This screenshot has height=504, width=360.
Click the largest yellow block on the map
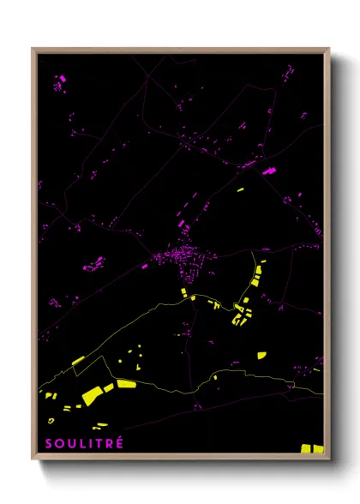(x=93, y=394)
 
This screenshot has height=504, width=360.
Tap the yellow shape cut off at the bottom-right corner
(x=311, y=448)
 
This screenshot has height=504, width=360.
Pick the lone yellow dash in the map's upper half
(x=240, y=186)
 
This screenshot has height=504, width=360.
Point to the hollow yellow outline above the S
(x=51, y=421)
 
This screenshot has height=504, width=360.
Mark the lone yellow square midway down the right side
(x=261, y=355)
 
